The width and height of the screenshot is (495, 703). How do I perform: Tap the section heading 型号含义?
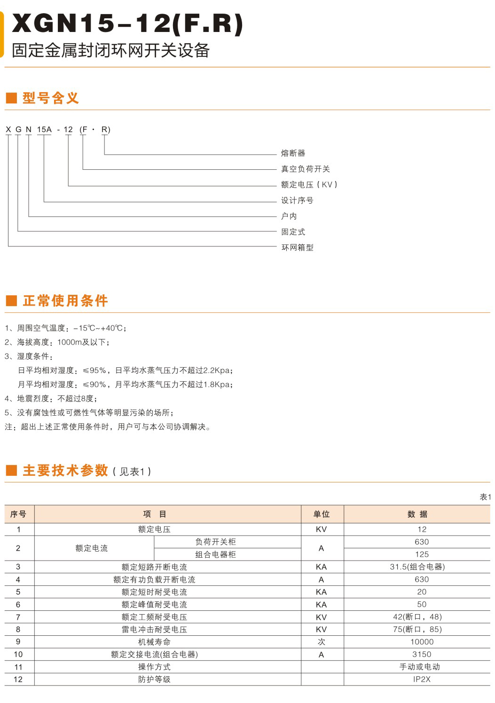point(50,98)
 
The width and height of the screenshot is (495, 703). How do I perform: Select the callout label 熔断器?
point(293,153)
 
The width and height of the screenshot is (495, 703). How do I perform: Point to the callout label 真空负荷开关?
point(306,169)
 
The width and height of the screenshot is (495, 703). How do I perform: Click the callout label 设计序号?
point(297,200)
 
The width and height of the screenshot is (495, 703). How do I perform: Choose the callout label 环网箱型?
point(297,247)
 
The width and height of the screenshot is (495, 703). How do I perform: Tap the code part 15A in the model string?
point(44,129)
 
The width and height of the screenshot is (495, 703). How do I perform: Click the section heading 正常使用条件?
point(65,300)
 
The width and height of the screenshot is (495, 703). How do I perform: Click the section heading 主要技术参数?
point(65,471)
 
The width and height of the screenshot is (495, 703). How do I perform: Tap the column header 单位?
point(322,514)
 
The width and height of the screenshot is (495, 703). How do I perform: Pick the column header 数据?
point(417,514)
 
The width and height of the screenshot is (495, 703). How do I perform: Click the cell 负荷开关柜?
point(216,542)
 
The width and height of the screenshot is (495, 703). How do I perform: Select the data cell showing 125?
point(422,554)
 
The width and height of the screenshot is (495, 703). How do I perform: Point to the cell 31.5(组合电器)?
point(417,567)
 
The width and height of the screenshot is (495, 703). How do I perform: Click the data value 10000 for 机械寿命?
point(422,642)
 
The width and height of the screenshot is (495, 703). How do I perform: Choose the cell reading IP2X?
point(422,679)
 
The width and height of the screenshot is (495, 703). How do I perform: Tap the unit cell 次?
point(322,642)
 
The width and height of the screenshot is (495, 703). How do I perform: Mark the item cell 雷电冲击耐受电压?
point(154,630)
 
